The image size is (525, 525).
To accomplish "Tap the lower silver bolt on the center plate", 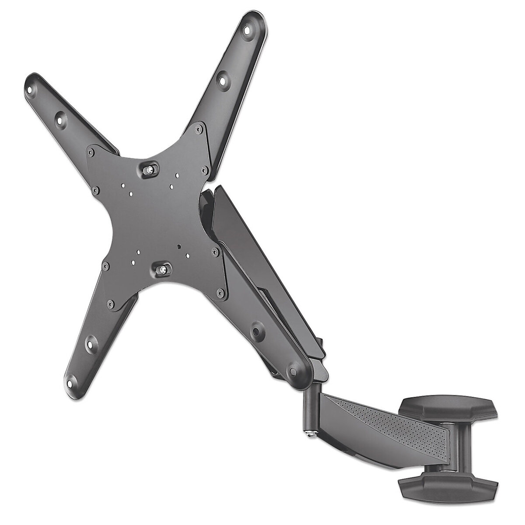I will (x=163, y=269).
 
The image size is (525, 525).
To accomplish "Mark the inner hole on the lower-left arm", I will (x=91, y=343).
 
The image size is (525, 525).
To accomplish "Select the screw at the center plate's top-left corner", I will (x=91, y=152).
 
